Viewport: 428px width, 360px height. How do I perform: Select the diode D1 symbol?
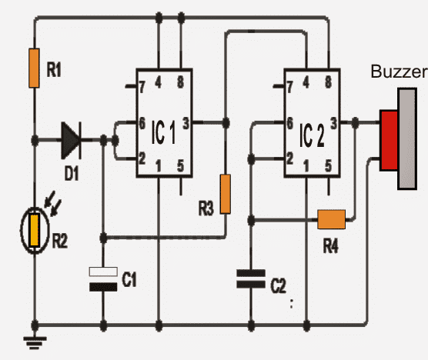pyautogui.click(x=71, y=141)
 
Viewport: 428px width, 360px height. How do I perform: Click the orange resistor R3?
pyautogui.click(x=225, y=193)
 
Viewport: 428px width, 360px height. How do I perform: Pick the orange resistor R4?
pyautogui.click(x=331, y=220)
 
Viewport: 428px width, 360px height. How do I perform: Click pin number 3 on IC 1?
pyautogui.click(x=186, y=122)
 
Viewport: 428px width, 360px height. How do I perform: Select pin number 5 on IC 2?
pyautogui.click(x=329, y=165)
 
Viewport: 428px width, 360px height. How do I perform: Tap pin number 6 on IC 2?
pyautogui.click(x=290, y=123)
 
